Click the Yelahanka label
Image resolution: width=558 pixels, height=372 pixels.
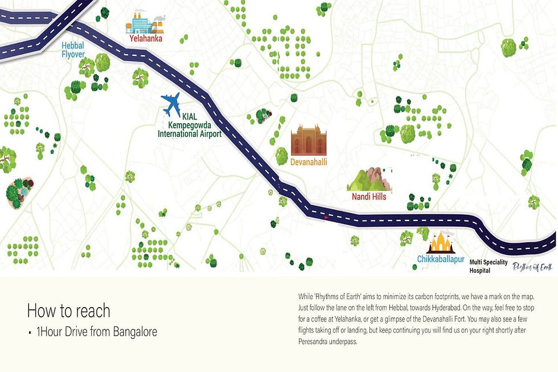click(146, 39)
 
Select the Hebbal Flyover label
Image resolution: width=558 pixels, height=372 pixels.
click(73, 50)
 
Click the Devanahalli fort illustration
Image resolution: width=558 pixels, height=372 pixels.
click(309, 141)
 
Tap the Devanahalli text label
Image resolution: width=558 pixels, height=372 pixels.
click(309, 162)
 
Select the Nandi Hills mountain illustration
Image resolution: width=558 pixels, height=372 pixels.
click(370, 179)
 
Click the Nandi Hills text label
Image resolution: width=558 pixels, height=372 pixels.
click(369, 197)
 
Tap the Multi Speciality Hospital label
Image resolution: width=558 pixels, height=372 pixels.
click(489, 266)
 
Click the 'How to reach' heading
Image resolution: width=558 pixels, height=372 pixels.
click(68, 310)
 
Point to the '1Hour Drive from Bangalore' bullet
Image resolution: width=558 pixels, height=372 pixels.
click(91, 332)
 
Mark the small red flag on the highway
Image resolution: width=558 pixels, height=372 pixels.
click(326, 217)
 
